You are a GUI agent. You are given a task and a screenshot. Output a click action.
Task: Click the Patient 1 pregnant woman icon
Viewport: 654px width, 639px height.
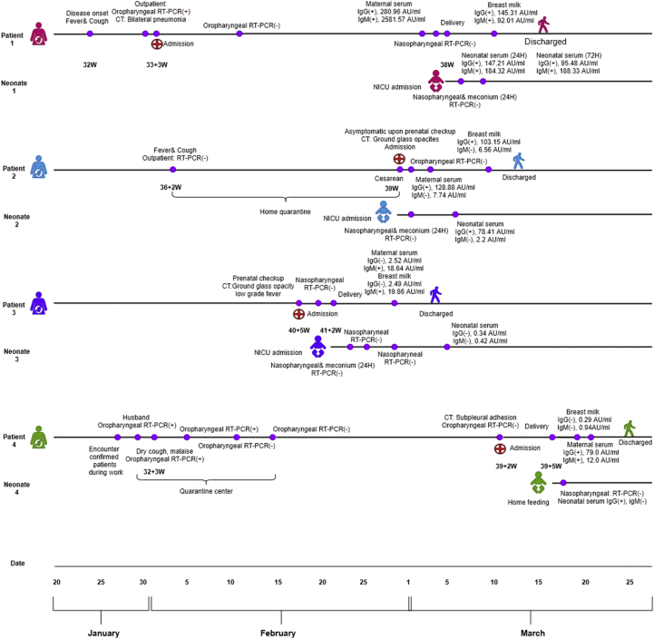[38, 34]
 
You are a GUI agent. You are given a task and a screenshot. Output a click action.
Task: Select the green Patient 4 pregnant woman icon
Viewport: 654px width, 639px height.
[38, 438]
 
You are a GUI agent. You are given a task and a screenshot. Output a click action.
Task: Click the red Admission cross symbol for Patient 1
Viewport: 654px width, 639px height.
[157, 44]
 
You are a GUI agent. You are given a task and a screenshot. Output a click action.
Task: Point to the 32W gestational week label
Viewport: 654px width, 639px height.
[90, 65]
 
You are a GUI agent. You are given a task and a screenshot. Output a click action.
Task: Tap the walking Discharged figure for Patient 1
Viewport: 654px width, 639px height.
[543, 25]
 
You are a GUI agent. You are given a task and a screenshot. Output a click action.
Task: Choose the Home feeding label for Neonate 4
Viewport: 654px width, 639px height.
[529, 501]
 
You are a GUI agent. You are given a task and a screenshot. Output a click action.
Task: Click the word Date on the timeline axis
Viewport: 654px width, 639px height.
[17, 564]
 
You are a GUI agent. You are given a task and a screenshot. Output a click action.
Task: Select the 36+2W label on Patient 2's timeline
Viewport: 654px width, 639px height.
[171, 188]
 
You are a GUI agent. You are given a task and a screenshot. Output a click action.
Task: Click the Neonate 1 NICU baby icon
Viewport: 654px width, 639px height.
[436, 81]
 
